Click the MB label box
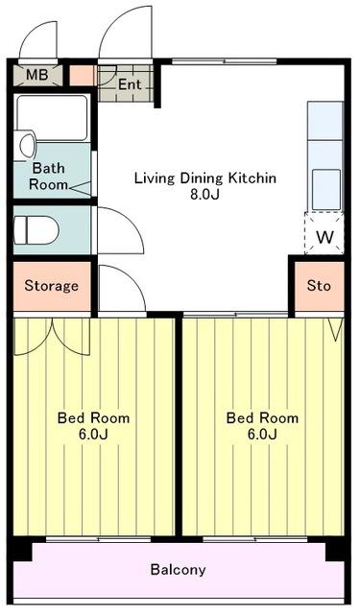[37, 75]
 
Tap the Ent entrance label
[129, 84]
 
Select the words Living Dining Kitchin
[204, 178]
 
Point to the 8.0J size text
[204, 194]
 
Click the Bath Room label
[48, 177]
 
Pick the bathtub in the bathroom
[52, 118]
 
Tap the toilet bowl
[36, 230]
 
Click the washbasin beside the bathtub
[27, 146]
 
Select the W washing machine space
[324, 233]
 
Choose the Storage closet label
[51, 286]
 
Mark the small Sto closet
[320, 286]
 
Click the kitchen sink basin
[325, 190]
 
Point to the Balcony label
[178, 569]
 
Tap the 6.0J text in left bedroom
[93, 435]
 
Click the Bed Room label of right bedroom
[262, 418]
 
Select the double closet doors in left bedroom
[52, 337]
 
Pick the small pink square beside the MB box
[83, 75]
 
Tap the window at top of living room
[224, 61]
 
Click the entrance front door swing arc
[117, 28]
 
